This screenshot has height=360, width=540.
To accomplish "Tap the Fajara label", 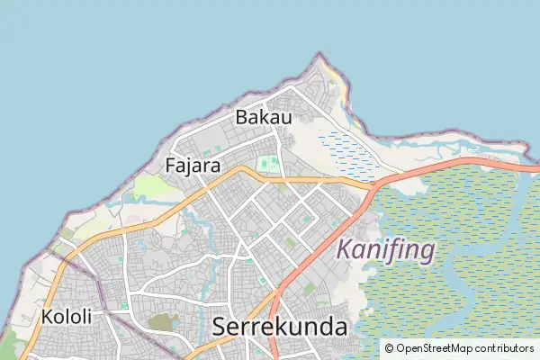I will pyautogui.click(x=193, y=166).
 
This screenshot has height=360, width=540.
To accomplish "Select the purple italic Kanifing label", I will pyautogui.click(x=385, y=249).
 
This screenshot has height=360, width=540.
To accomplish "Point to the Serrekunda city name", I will pyautogui.click(x=280, y=328).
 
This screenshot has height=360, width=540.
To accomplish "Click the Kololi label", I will pyautogui.click(x=66, y=317).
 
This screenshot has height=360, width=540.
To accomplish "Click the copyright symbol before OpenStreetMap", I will pyautogui.click(x=389, y=347).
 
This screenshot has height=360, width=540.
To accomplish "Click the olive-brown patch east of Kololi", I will pyautogui.click(x=161, y=322).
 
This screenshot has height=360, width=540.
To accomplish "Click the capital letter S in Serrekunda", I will pyautogui.click(x=220, y=328).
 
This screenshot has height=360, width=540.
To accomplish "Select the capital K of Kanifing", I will pyautogui.click(x=344, y=249).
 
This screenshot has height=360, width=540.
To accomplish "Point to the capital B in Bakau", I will pyautogui.click(x=241, y=117).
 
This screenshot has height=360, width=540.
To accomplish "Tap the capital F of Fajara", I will pyautogui.click(x=171, y=166).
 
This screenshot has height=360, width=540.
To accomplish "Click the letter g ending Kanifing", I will pyautogui.click(x=427, y=252).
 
